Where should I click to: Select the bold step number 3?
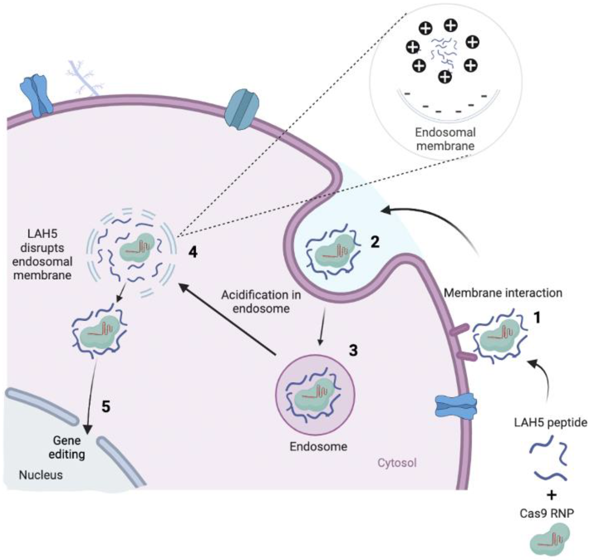[353, 350]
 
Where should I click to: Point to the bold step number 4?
[193, 253]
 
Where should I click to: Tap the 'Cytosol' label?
[397, 463]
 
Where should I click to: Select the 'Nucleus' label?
[41, 475]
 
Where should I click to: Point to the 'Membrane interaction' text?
[503, 293]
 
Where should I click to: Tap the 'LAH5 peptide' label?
[550, 422]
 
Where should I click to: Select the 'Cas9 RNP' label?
[547, 513]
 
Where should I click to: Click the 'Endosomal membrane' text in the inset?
[445, 139]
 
